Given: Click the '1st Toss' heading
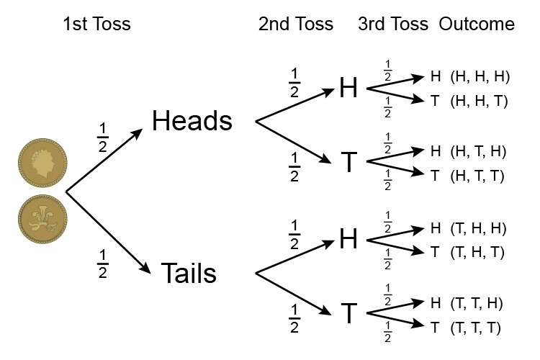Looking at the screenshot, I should pyautogui.click(x=96, y=24).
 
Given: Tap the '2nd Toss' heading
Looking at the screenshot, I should pyautogui.click(x=296, y=24).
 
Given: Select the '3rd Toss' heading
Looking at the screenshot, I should pyautogui.click(x=393, y=24).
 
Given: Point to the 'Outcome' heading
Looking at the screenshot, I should pyautogui.click(x=477, y=24).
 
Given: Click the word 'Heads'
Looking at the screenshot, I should pyautogui.click(x=192, y=121).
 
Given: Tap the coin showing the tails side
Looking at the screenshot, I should pyautogui.click(x=43, y=219).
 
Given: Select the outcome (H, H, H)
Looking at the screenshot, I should pyautogui.click(x=479, y=76).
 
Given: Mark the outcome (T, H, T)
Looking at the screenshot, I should pyautogui.click(x=479, y=252).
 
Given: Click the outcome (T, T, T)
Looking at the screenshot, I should pyautogui.click(x=479, y=328).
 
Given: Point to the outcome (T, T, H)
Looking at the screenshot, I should pyautogui.click(x=479, y=302).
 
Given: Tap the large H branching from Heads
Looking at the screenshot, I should pyautogui.click(x=348, y=88).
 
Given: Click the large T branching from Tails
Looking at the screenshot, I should pyautogui.click(x=348, y=313).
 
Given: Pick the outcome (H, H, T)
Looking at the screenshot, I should pyautogui.click(x=479, y=102).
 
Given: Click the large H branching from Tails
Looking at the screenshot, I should pyautogui.click(x=348, y=239).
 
